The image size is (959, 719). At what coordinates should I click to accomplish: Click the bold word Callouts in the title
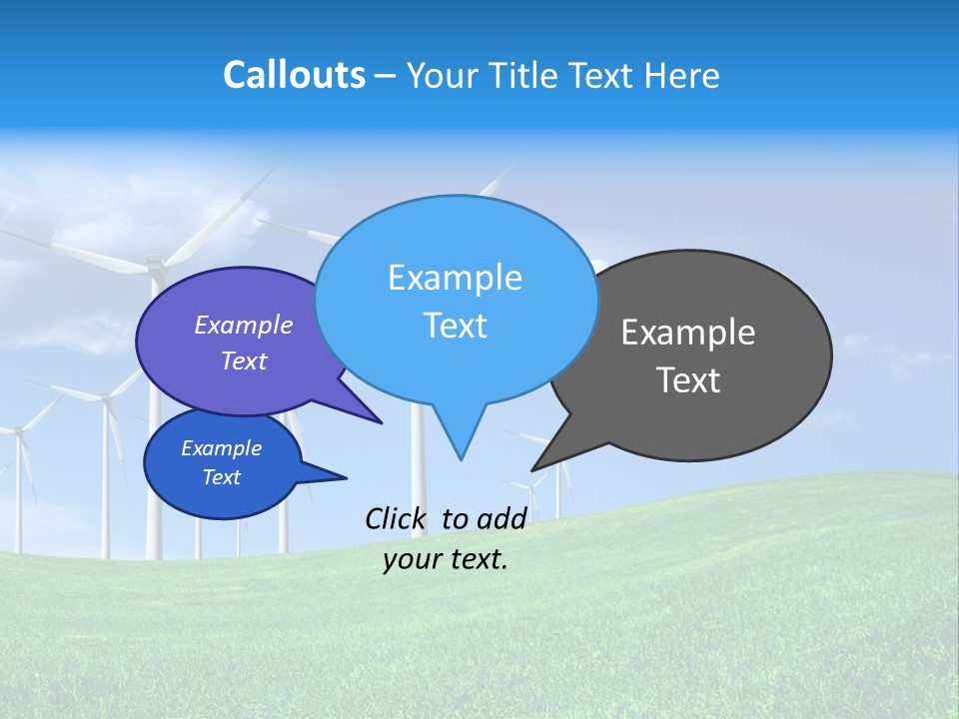(295, 75)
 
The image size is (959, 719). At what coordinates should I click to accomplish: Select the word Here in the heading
(683, 76)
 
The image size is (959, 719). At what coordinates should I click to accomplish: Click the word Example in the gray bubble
(688, 333)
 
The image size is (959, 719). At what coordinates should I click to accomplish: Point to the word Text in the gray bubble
(688, 380)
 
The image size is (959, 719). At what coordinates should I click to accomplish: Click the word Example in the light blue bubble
(455, 278)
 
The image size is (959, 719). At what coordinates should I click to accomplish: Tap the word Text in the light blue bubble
(455, 326)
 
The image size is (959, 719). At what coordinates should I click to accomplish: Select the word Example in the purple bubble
(244, 325)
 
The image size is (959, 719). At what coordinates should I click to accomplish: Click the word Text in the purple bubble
(244, 360)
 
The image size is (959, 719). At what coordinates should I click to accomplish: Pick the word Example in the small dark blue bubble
(222, 448)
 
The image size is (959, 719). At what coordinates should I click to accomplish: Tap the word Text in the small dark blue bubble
(222, 477)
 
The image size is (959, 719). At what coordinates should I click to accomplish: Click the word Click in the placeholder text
(396, 518)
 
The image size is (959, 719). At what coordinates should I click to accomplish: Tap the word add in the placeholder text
(501, 518)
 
